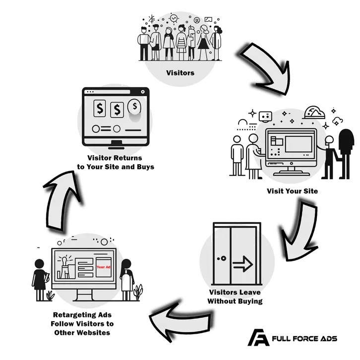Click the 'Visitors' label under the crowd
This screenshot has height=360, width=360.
point(180,74)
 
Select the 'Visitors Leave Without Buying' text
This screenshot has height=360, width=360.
point(235,297)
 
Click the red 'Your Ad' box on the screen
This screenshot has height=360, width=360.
point(103,267)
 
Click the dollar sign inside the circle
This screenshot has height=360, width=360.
point(133,106)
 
